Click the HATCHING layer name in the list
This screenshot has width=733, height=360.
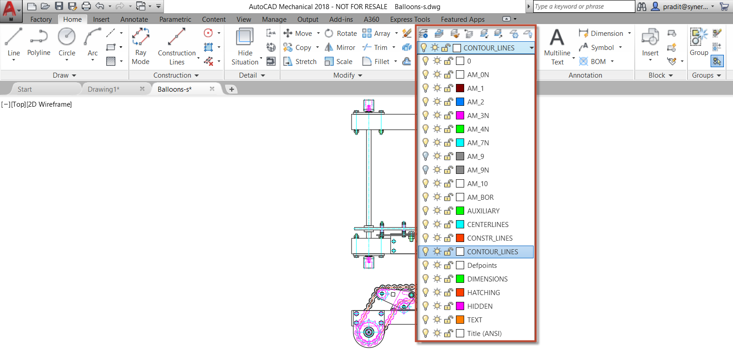(x=483, y=293)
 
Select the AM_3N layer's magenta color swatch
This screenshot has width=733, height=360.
(x=460, y=115)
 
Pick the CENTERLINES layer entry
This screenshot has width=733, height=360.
(x=487, y=225)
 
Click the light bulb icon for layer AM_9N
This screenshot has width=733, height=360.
(x=426, y=170)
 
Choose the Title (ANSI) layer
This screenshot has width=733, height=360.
(x=484, y=334)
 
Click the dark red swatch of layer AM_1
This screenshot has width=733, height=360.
(x=460, y=88)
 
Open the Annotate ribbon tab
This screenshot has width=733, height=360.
(x=134, y=20)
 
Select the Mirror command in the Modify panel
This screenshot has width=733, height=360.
(x=340, y=48)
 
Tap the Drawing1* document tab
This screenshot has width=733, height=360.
(x=104, y=89)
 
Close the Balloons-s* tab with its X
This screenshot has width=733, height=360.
(x=212, y=89)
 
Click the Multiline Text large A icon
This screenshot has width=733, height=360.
(x=557, y=38)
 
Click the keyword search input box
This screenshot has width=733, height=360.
(x=583, y=6)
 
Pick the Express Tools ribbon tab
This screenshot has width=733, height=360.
(x=410, y=20)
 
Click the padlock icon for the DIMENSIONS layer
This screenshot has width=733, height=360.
(x=448, y=279)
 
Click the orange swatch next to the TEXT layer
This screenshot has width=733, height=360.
(x=460, y=320)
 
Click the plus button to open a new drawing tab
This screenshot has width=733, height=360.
(x=232, y=89)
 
